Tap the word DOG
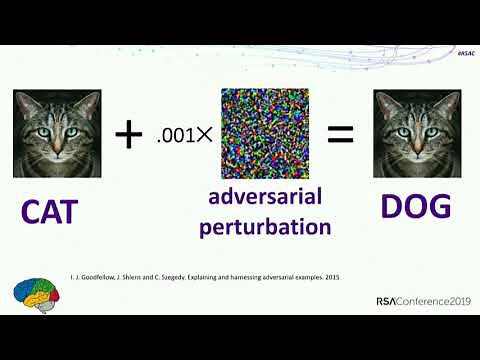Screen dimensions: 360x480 tap(416, 207)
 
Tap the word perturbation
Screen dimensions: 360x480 tap(264, 227)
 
